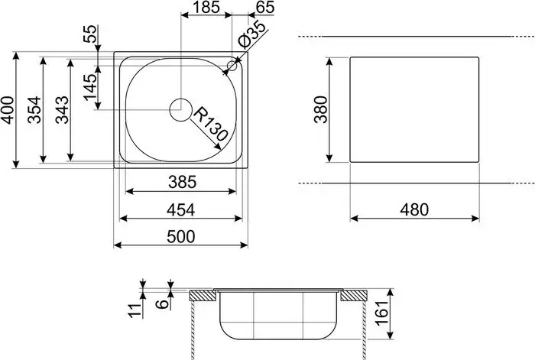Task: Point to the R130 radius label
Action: pos(210,124)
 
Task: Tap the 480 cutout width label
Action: pos(413,209)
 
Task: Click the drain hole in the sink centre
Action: pos(181,109)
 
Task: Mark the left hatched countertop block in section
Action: pos(202,295)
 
